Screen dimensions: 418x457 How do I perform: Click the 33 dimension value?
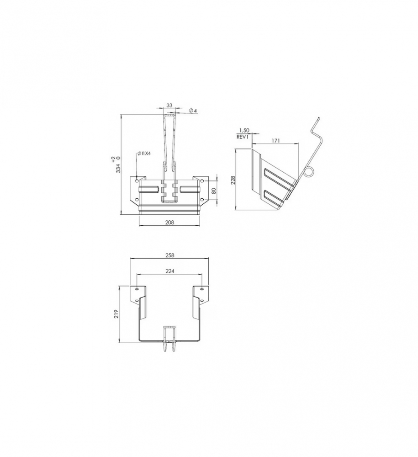169,105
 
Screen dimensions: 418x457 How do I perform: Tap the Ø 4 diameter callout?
193,111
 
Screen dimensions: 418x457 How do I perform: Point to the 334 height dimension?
118,168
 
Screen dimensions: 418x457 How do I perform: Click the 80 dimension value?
213,191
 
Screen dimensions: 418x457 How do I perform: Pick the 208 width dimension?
169,223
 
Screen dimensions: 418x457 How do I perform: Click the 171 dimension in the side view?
275,141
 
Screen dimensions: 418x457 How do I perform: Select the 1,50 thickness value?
244,131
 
